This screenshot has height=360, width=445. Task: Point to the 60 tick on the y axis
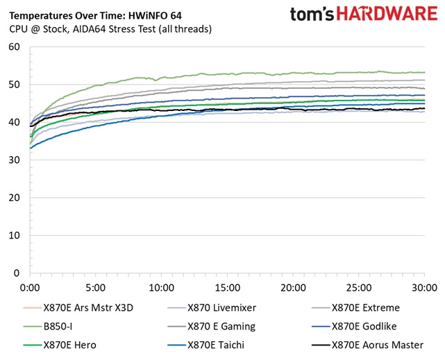click(x=15, y=47)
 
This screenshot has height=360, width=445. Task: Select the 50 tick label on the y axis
click(x=15, y=85)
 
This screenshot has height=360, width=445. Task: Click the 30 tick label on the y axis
click(x=15, y=160)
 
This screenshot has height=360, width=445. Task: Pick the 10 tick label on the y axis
click(x=15, y=236)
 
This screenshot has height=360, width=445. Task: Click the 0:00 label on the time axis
click(x=31, y=287)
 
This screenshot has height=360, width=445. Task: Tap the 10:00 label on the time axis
click(x=162, y=287)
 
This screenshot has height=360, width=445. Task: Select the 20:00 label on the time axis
click(x=293, y=287)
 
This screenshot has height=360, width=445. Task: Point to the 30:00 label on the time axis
click(x=424, y=287)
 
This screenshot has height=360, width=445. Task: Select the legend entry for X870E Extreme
click(x=365, y=308)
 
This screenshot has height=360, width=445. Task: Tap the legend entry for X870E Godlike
click(x=366, y=326)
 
